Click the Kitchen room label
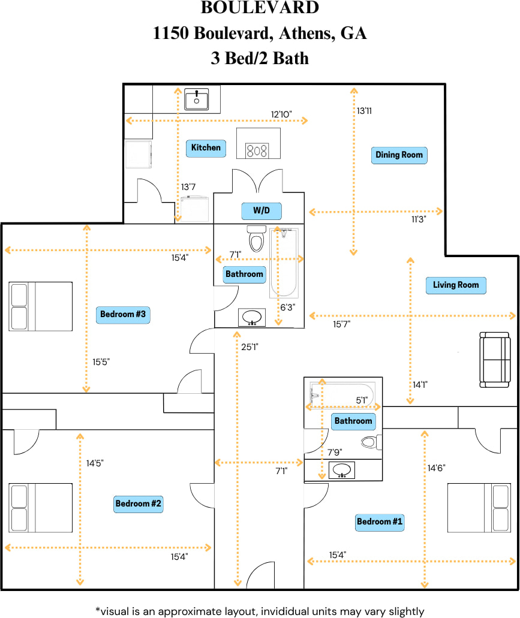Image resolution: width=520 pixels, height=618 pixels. pos(206,147)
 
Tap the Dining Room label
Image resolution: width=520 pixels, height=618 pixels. pos(399,155)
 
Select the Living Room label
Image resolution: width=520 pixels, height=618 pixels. pos(456,285)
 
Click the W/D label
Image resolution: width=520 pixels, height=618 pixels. pos(261,212)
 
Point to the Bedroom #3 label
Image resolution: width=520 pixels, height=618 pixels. pos(123,314)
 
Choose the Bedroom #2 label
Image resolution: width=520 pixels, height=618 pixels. pos(139,504)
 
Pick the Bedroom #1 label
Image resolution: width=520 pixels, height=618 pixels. pos(380,521)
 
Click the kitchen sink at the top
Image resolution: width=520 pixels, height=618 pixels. pos(196,99)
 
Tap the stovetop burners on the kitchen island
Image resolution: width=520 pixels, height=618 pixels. pos(258,150)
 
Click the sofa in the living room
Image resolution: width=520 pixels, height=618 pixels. pos(497,359)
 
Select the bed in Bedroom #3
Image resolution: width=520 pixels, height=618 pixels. pos(40,306)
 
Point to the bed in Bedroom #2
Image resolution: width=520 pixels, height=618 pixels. pos(40,508)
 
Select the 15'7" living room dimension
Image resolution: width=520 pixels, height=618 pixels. pos(342,324)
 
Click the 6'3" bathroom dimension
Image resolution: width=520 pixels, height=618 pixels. pos(288,307)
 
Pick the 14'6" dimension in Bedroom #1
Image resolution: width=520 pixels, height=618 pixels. pos(436,468)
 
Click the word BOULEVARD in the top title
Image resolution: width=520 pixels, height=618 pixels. pos(260,8)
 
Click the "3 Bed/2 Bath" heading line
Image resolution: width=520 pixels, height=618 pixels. pos(260,58)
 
